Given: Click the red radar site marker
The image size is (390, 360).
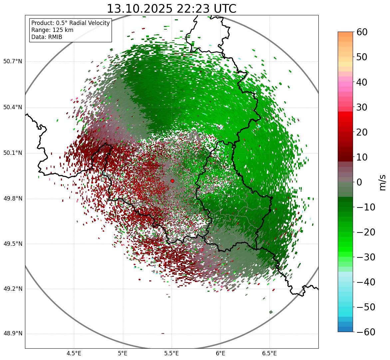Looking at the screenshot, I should click(x=172, y=181).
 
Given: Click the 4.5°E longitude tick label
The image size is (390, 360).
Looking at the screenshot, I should click(x=74, y=353).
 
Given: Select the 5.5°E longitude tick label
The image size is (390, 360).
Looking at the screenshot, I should click(x=172, y=353).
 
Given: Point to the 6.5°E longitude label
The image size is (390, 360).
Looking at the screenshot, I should click(x=269, y=353).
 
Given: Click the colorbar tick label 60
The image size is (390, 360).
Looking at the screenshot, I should click(x=362, y=32).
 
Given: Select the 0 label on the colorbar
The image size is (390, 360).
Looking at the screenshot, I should click(x=359, y=182).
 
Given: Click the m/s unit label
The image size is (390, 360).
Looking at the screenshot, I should click(x=383, y=182).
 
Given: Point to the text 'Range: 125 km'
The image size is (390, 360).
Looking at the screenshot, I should click(x=52, y=30).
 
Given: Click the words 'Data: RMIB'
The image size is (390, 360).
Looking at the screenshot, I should click(x=47, y=37).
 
